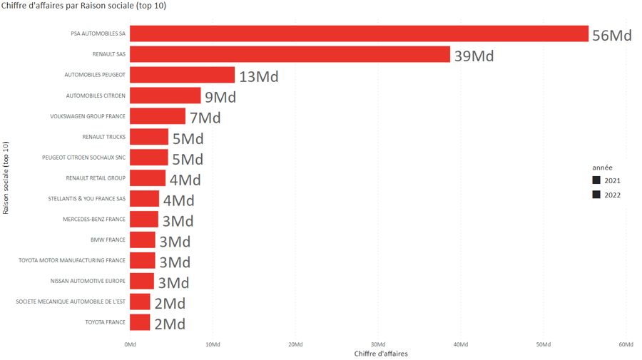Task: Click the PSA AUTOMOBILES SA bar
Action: tap(359, 34)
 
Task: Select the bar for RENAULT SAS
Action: tap(290, 54)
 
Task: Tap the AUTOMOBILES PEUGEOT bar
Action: tap(182, 75)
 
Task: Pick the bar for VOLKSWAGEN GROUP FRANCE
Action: tap(157, 116)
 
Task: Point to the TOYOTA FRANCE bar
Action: tap(140, 322)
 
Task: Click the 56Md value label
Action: tap(612, 35)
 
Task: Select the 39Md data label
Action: tap(474, 56)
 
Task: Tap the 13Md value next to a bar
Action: tap(258, 76)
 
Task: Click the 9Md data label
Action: tap(220, 97)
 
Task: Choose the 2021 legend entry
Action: tap(606, 181)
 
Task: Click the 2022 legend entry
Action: tap(606, 195)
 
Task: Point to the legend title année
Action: tap(602, 168)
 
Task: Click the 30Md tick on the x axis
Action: tap(378, 344)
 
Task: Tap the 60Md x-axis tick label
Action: tap(626, 344)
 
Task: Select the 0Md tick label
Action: tap(130, 344)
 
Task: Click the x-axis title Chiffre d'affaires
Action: tap(381, 354)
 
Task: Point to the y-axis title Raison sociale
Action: tap(6, 178)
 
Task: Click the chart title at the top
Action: tap(84, 6)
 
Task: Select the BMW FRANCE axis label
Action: tap(108, 240)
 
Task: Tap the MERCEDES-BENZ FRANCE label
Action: tap(94, 220)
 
